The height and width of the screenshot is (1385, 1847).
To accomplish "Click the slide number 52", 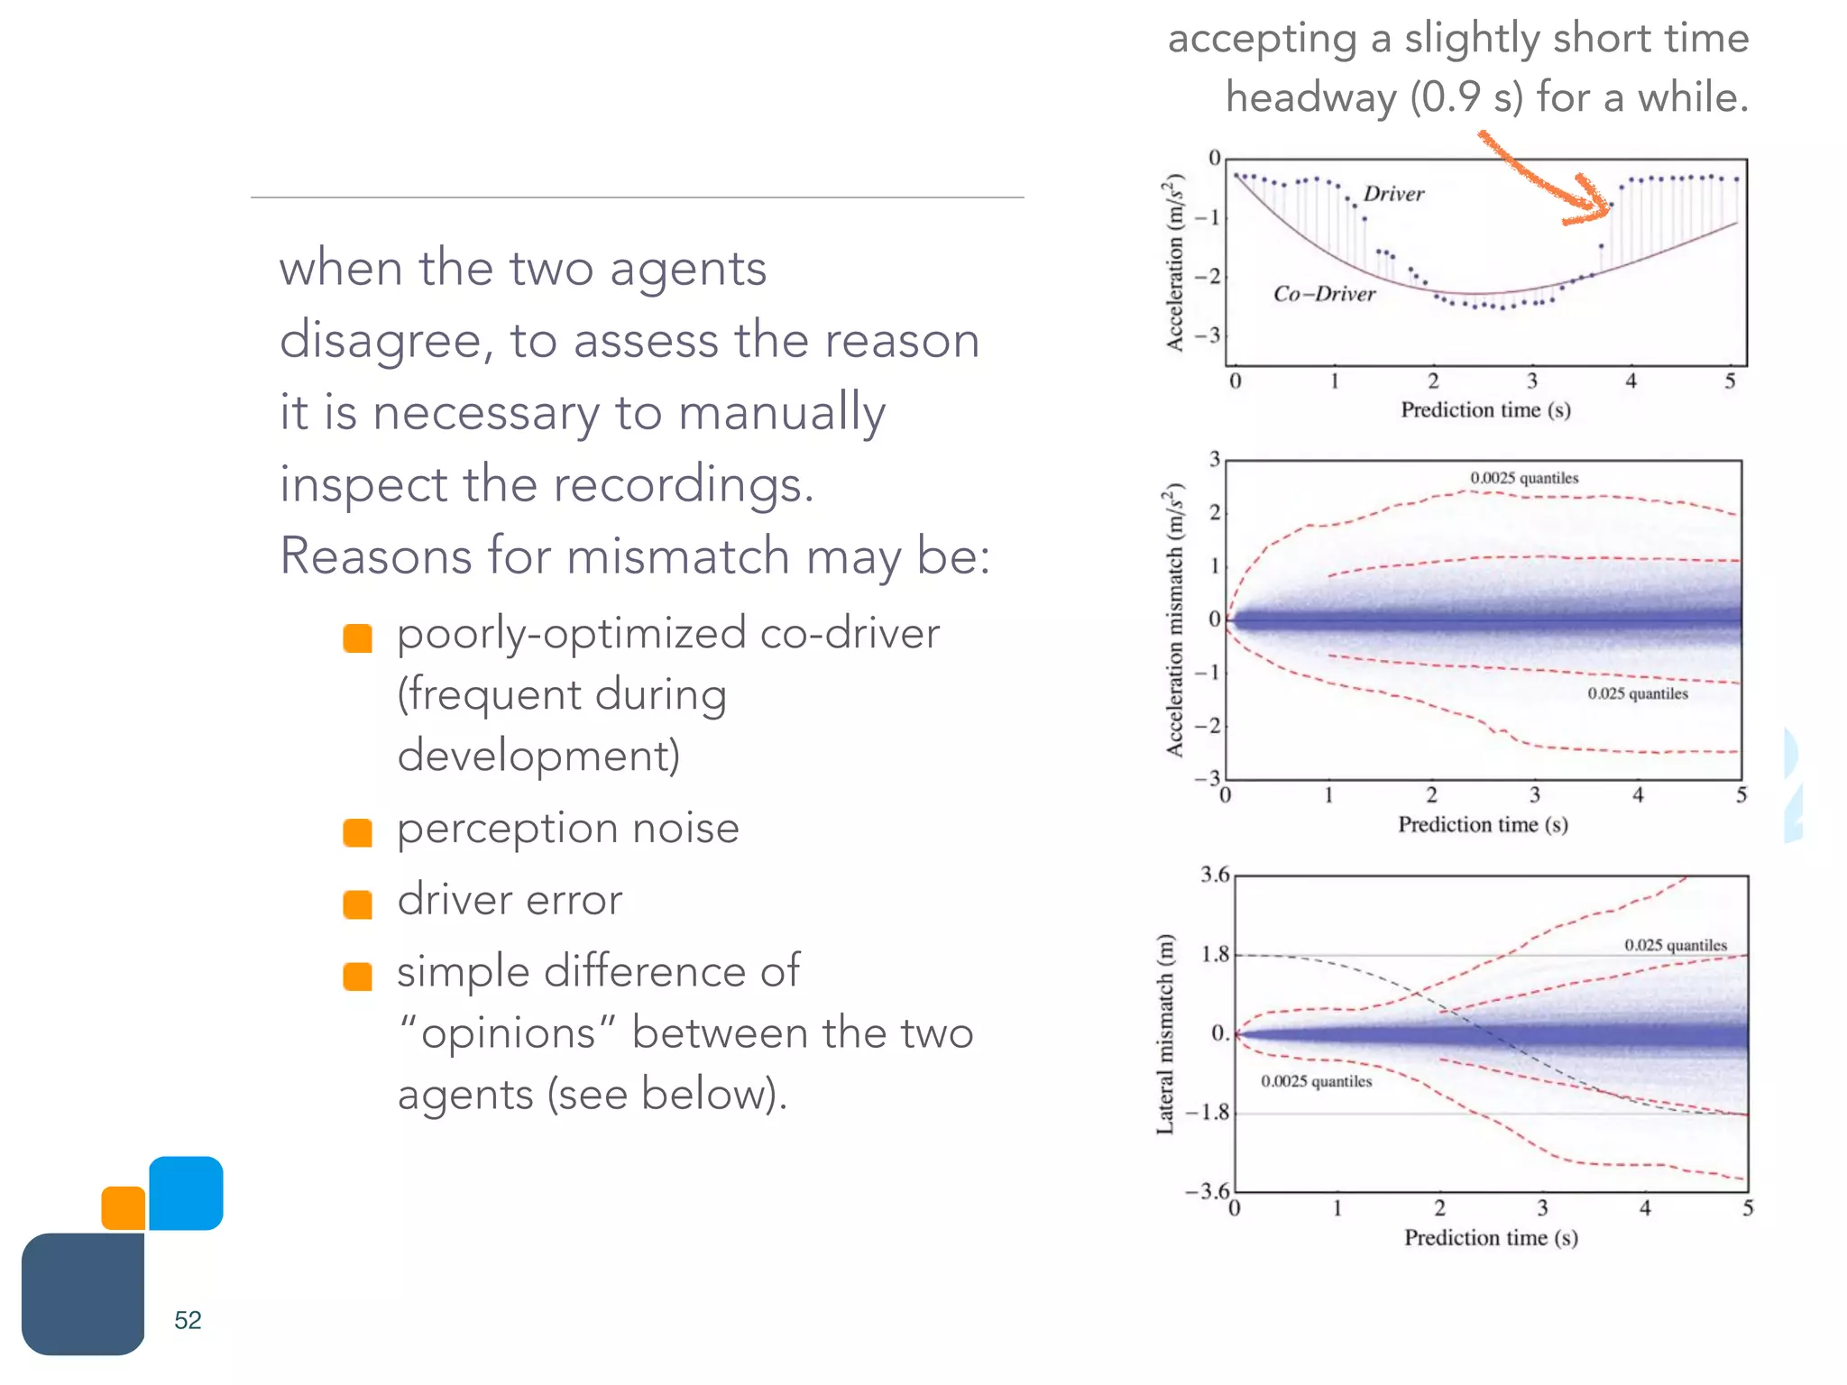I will (x=188, y=1320).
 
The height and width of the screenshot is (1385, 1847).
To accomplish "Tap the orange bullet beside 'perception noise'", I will (x=358, y=832).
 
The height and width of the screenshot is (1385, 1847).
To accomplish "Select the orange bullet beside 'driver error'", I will (x=358, y=904).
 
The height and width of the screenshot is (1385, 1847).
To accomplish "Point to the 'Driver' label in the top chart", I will (x=1393, y=194).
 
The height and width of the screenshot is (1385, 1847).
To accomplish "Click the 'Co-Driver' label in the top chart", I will (x=1324, y=294).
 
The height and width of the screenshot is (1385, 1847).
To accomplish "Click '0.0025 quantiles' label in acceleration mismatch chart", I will (x=1524, y=478).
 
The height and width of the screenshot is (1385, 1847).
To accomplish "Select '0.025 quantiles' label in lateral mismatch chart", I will (x=1676, y=945).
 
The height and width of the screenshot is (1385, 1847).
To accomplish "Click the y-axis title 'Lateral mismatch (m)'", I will (x=1166, y=1034).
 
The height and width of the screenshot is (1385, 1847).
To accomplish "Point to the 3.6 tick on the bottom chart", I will (x=1215, y=875).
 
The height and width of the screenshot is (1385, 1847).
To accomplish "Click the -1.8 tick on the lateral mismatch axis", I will (x=1208, y=1113).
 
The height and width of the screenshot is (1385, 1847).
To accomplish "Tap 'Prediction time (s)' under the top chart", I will (x=1485, y=410).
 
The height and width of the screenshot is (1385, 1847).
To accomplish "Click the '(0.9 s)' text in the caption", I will (x=1466, y=97).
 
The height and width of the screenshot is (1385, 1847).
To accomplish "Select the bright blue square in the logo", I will (x=186, y=1193).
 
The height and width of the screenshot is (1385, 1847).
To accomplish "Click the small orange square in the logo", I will (x=124, y=1208).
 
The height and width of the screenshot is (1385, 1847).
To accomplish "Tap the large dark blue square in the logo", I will (x=83, y=1294).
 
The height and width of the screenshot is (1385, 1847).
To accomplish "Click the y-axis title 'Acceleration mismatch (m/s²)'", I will (x=1173, y=619).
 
